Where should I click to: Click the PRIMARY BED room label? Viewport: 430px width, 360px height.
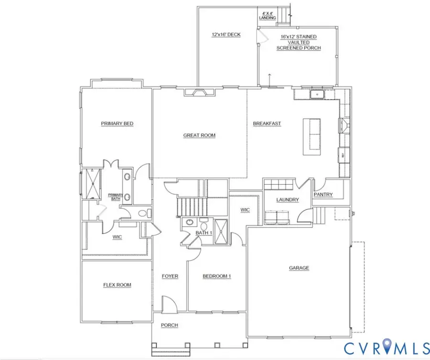click(x=117, y=124)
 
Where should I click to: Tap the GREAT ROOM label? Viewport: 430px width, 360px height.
click(x=199, y=136)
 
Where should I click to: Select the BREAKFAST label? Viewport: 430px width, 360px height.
click(x=267, y=124)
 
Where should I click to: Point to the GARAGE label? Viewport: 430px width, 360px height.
click(x=299, y=268)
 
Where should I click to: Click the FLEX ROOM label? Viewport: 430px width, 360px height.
click(x=117, y=285)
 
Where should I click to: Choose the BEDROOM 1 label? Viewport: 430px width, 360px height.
click(x=217, y=276)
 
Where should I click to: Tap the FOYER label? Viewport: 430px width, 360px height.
click(x=170, y=276)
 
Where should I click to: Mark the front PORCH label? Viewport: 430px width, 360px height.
click(x=170, y=325)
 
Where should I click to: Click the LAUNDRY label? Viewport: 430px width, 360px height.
click(x=288, y=200)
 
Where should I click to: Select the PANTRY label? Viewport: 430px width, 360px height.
click(x=323, y=195)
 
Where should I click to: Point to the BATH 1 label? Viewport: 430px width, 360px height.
click(x=204, y=233)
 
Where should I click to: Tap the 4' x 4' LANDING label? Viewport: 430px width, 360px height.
click(x=268, y=16)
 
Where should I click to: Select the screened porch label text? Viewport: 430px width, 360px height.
click(x=299, y=42)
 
